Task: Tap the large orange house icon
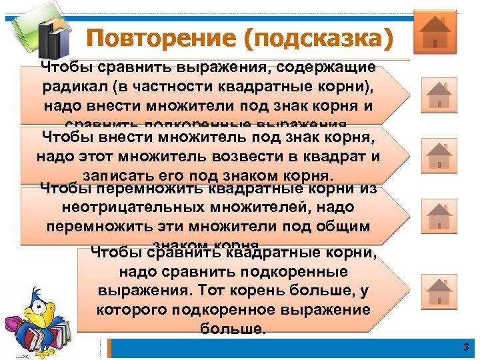[435, 31]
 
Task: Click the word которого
[133, 309]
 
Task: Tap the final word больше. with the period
[233, 328]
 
